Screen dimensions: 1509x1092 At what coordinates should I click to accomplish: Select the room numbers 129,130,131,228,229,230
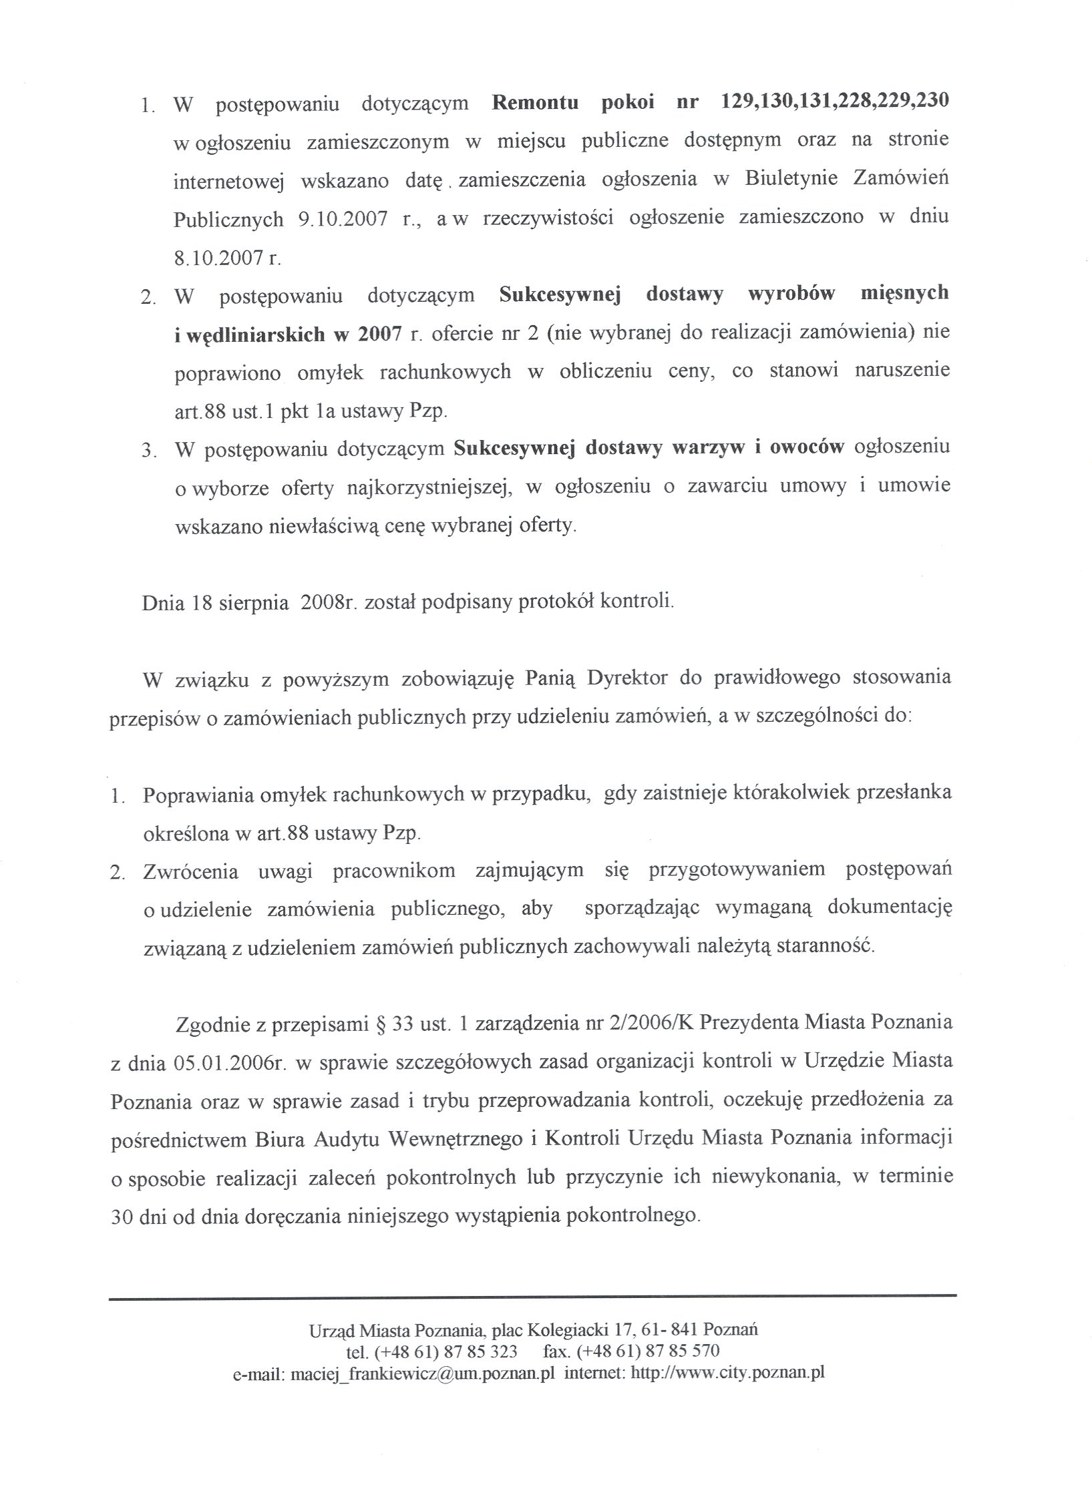tap(836, 102)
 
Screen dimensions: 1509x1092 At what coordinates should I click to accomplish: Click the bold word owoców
tap(807, 448)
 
